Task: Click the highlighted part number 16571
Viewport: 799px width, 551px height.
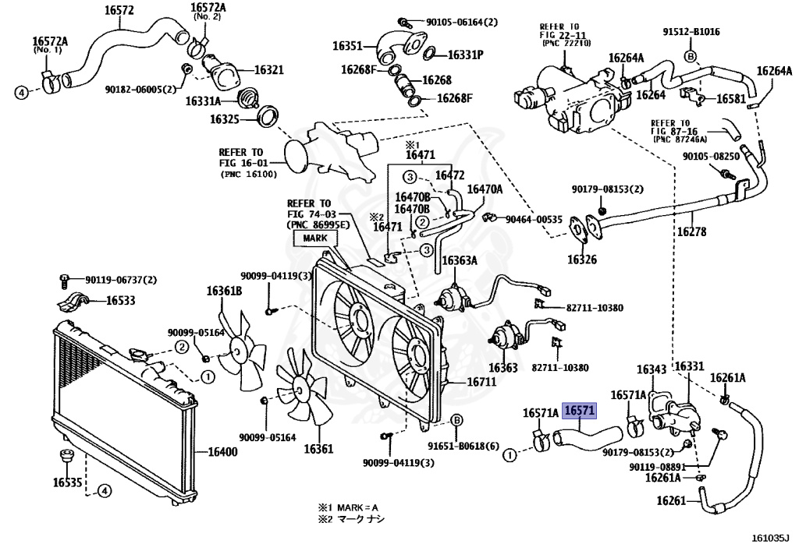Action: coord(580,411)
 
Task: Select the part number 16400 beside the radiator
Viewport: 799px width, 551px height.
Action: coord(222,451)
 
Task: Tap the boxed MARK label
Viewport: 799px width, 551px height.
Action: coord(315,238)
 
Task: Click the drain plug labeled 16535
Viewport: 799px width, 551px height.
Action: coord(66,456)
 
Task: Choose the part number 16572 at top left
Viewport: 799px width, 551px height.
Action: coord(119,9)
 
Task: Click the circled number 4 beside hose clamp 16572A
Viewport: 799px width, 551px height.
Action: coord(21,93)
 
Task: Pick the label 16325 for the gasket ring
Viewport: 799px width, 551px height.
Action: coord(224,119)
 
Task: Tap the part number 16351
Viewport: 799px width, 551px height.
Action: coord(347,46)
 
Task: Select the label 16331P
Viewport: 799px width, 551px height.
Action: coord(466,55)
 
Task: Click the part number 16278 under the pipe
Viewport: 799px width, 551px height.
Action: coord(691,231)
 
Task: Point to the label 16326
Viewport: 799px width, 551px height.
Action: coord(582,260)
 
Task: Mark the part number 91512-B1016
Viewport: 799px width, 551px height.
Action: coord(691,31)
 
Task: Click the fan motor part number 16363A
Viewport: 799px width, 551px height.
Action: coord(460,261)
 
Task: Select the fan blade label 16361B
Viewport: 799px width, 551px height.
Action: coord(224,291)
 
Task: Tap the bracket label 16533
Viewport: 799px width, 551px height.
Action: coord(121,300)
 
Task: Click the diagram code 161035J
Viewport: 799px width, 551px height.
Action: coord(770,538)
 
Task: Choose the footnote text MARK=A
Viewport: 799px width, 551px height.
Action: coord(357,507)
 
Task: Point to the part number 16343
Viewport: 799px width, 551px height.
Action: coord(652,369)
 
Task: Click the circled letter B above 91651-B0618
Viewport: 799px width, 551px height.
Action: coord(457,420)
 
